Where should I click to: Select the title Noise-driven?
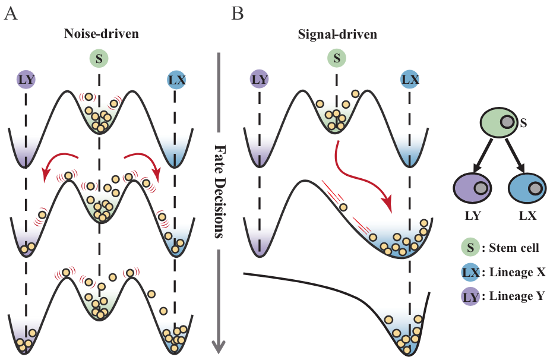(102, 33)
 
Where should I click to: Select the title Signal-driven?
(337, 33)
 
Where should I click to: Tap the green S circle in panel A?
(99, 58)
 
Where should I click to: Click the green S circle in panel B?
(337, 58)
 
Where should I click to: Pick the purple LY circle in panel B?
(259, 79)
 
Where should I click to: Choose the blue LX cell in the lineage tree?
(527, 189)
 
